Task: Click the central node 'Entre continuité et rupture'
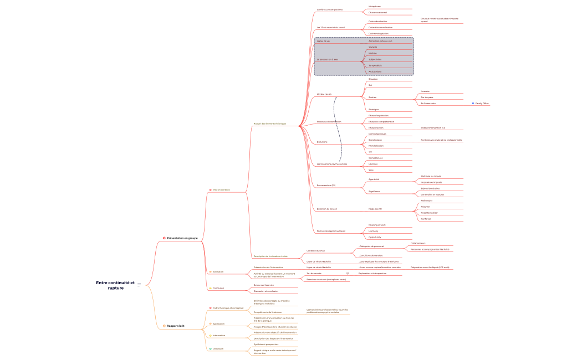[x=115, y=285]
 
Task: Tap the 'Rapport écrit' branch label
[x=176, y=326]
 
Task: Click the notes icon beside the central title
[x=139, y=285]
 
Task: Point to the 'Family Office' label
[x=482, y=104]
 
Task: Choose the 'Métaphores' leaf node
[x=375, y=7]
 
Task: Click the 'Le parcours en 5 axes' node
[x=327, y=59]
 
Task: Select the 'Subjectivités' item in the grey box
[x=375, y=59]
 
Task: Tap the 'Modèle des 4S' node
[x=324, y=94]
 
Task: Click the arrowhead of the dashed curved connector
[x=335, y=96]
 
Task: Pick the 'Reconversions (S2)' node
[x=326, y=185]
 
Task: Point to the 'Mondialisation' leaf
[x=376, y=146]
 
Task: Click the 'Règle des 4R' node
[x=375, y=209]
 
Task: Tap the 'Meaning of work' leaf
[x=377, y=225]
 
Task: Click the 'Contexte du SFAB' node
[x=316, y=250]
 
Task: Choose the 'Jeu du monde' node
[x=314, y=273]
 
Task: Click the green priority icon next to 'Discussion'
[x=210, y=348]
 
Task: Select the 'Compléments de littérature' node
[x=268, y=312]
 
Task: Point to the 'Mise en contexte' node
[x=221, y=189]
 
